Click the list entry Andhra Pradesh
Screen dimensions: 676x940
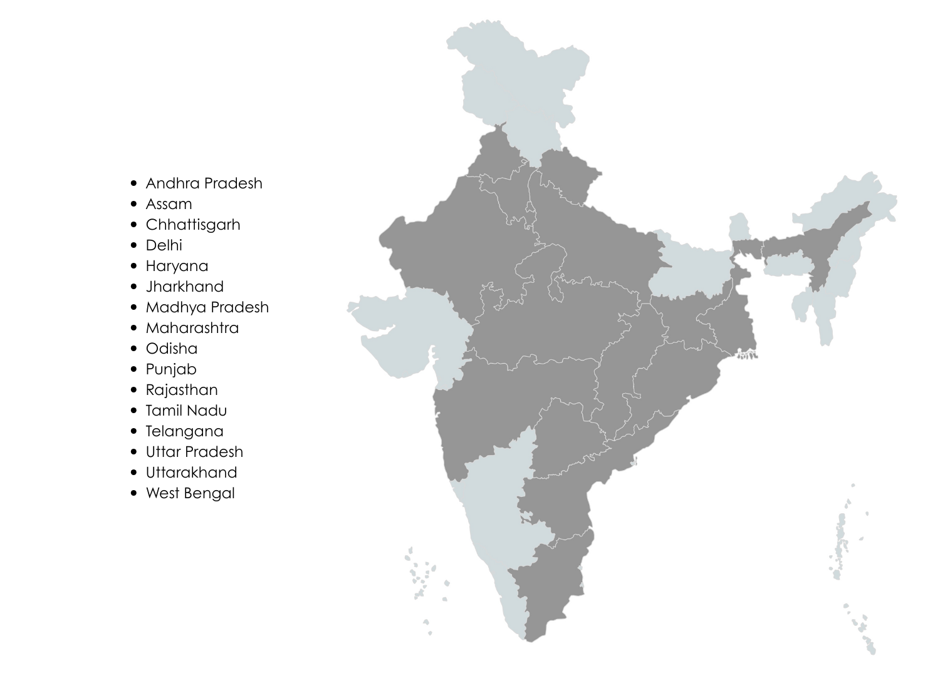[x=204, y=183]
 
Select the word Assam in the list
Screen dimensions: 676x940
[x=169, y=204]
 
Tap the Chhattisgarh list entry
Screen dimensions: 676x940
[x=192, y=225]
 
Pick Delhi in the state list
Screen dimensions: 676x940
[x=164, y=245]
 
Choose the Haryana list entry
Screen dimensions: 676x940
[x=177, y=266]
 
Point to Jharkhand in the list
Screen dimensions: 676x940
[x=184, y=287]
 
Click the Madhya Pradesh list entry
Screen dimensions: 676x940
[x=207, y=307]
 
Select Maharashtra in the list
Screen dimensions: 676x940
[x=192, y=328]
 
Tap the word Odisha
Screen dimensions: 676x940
[x=171, y=349]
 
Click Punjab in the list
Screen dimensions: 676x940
[x=170, y=369]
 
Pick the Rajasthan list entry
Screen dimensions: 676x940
[x=182, y=390]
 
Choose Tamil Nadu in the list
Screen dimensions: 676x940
[x=186, y=411]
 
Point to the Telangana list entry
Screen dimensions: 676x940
[x=184, y=431]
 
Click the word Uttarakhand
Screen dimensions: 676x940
[x=191, y=473]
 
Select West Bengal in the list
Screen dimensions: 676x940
[x=190, y=493]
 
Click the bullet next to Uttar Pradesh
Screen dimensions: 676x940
[x=133, y=452]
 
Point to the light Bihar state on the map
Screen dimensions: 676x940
[x=689, y=269]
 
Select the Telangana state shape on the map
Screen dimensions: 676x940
[x=564, y=432]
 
